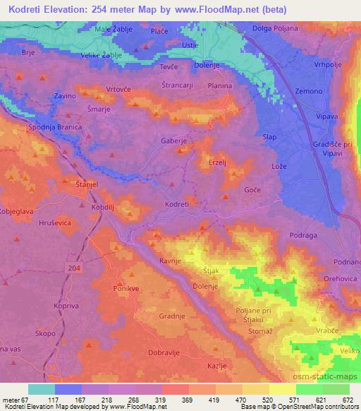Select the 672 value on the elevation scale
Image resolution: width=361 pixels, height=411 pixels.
(346, 400)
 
